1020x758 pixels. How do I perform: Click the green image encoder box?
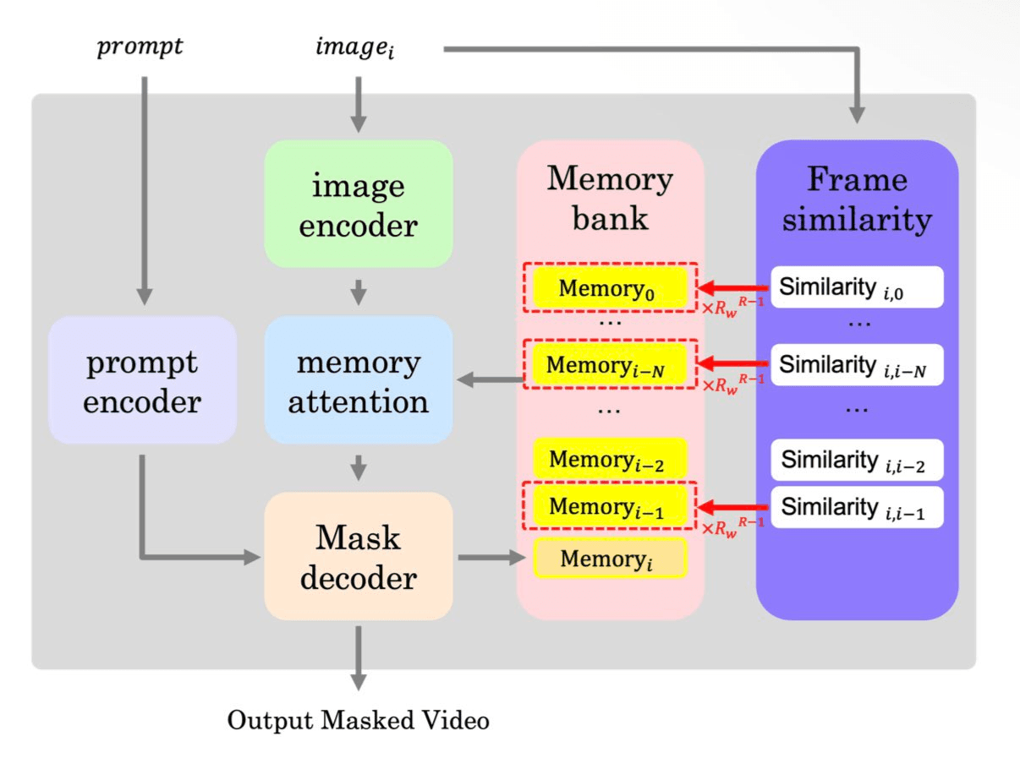tap(358, 204)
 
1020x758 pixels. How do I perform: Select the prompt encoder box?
tap(142, 379)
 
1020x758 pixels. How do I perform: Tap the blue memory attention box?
tap(358, 379)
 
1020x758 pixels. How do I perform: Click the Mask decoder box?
tap(358, 558)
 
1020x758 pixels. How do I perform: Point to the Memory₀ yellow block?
tap(608, 288)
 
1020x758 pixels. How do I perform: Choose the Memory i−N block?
tap(608, 365)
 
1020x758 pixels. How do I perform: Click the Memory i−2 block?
tap(608, 460)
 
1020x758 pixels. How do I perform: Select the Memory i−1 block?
tap(608, 506)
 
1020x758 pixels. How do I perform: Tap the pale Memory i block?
tap(608, 558)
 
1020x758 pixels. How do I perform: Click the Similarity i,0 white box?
tap(856, 288)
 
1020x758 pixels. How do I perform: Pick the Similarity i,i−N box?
tap(856, 365)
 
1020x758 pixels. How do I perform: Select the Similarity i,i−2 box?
tap(856, 461)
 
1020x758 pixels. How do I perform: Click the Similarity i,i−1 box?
tap(856, 507)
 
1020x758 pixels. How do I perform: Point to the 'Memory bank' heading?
tap(610, 198)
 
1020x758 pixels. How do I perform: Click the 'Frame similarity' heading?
tap(856, 199)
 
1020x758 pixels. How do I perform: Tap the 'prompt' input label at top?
tap(140, 46)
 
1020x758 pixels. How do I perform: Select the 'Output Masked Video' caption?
tap(359, 721)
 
